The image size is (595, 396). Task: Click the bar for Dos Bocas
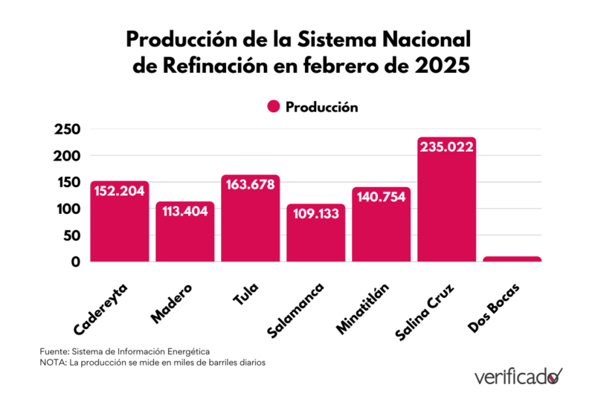(x=512, y=259)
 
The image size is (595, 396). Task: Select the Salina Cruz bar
(x=446, y=208)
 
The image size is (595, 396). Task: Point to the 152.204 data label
(x=120, y=191)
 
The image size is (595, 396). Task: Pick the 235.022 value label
(x=446, y=147)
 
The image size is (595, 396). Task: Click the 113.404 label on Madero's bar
(x=184, y=211)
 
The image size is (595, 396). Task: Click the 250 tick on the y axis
(x=67, y=129)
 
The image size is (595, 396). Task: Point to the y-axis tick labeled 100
(x=67, y=209)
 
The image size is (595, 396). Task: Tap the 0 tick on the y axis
(x=75, y=262)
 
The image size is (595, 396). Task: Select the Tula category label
(x=245, y=294)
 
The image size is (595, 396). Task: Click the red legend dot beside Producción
(x=273, y=107)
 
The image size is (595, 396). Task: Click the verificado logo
(x=518, y=376)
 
